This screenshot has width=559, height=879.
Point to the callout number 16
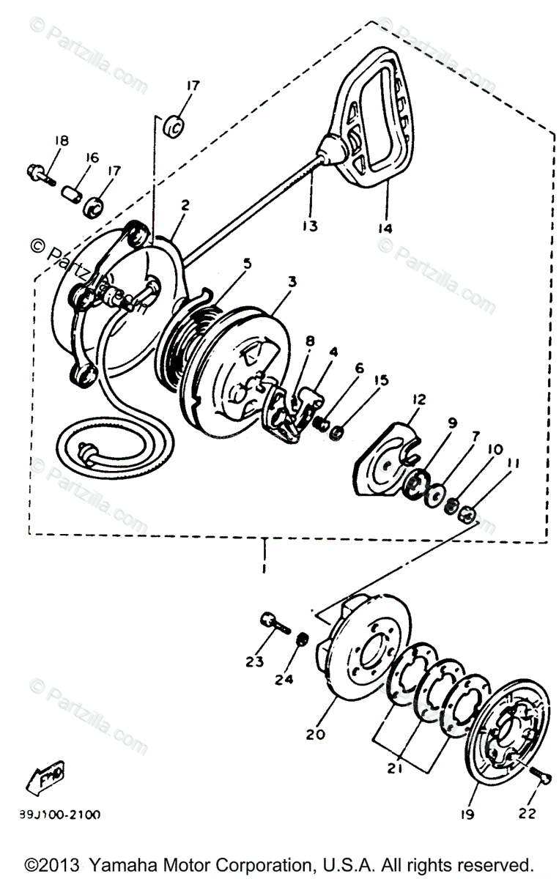[92, 157]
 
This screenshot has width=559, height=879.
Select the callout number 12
[418, 399]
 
